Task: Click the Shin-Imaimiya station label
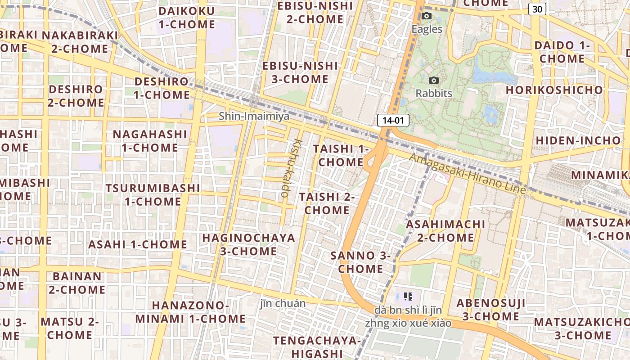[x=254, y=116]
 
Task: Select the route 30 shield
[x=537, y=9]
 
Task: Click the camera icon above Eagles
[x=427, y=16]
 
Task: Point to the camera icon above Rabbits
[x=433, y=80]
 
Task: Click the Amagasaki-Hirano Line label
[x=467, y=174]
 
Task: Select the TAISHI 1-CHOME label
[x=341, y=155]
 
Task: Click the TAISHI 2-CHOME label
[x=327, y=203]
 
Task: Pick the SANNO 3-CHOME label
[x=360, y=262]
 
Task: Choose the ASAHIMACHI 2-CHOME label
[x=445, y=230]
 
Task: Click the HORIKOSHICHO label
[x=554, y=90]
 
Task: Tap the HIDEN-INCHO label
[x=578, y=140]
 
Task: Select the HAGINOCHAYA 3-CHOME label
[x=248, y=244]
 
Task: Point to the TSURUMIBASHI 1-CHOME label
[x=153, y=194]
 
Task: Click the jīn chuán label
[x=283, y=303]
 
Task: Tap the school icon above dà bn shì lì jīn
[x=408, y=296]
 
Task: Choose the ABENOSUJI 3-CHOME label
[x=490, y=310]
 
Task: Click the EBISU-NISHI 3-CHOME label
[x=300, y=72]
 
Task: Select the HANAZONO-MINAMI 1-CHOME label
[x=190, y=312]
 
